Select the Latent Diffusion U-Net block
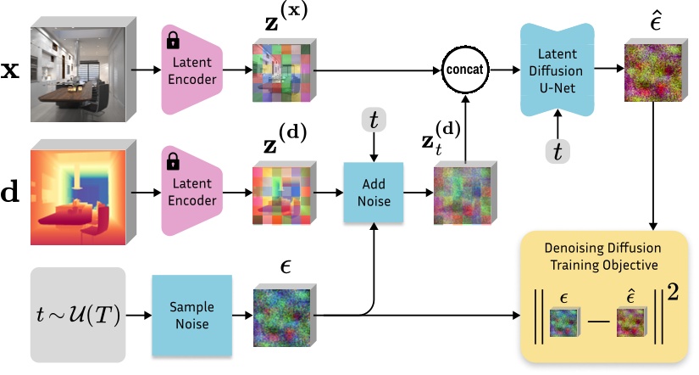558,67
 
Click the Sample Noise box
191,315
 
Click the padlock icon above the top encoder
174,40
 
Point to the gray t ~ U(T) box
78,315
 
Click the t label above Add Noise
374,120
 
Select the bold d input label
13,193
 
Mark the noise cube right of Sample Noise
284,314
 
